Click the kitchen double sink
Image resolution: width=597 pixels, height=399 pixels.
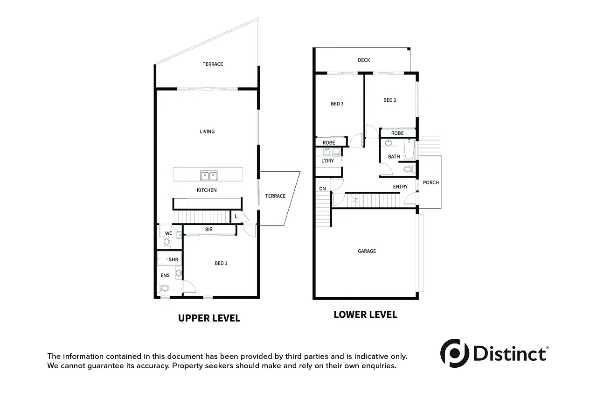208,176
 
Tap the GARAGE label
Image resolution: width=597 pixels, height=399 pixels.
367,251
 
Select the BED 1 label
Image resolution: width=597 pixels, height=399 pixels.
221,263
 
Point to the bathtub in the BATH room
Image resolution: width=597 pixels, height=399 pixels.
409,150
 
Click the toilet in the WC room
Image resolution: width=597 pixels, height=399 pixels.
167,243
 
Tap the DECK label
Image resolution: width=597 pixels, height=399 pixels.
364,60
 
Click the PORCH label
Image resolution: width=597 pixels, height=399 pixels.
430,182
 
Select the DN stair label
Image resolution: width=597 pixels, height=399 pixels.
322,189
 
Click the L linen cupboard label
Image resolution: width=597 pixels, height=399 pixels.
236,217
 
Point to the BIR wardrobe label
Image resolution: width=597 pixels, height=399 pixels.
209,230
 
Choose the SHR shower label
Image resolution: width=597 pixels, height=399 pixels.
174,259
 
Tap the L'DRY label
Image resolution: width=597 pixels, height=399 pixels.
327,161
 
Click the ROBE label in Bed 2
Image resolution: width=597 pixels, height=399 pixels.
397,133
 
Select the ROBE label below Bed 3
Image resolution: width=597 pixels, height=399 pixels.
329,143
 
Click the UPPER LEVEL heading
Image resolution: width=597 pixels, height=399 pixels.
209,318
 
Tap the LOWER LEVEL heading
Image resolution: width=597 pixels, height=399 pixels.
365,315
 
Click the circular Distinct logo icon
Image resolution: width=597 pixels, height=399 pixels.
455,353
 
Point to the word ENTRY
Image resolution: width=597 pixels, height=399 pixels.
400,187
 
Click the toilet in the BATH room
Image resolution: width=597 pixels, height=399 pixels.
409,169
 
